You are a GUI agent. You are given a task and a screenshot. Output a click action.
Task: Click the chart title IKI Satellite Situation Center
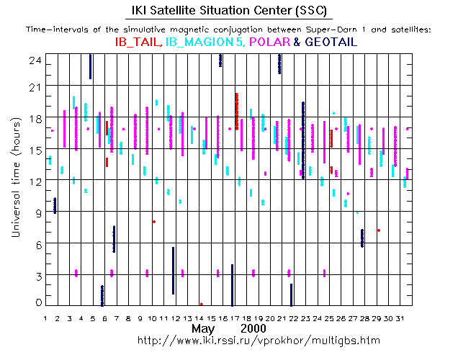[x=228, y=10]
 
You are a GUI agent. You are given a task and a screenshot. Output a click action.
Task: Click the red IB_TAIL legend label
[x=138, y=42]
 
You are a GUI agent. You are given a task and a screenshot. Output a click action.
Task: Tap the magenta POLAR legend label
[x=269, y=42]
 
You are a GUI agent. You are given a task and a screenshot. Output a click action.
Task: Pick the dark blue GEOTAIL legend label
[x=331, y=42]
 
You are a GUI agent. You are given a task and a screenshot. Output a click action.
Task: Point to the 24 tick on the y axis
[x=31, y=61]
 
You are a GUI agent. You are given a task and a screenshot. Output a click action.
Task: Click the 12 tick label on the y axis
[x=31, y=181]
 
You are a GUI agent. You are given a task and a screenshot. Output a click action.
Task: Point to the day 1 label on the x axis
[x=46, y=318]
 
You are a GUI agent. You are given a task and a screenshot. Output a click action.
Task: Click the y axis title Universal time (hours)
[x=14, y=179]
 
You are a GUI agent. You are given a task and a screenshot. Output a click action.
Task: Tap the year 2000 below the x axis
[x=256, y=329]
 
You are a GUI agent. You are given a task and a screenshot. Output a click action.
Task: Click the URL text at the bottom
[x=258, y=340]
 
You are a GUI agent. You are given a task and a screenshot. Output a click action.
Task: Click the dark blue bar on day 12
[x=174, y=270]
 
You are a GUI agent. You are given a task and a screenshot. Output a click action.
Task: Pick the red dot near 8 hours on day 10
[x=154, y=222]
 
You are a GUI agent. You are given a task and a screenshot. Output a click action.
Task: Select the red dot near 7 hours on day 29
[x=378, y=230]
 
